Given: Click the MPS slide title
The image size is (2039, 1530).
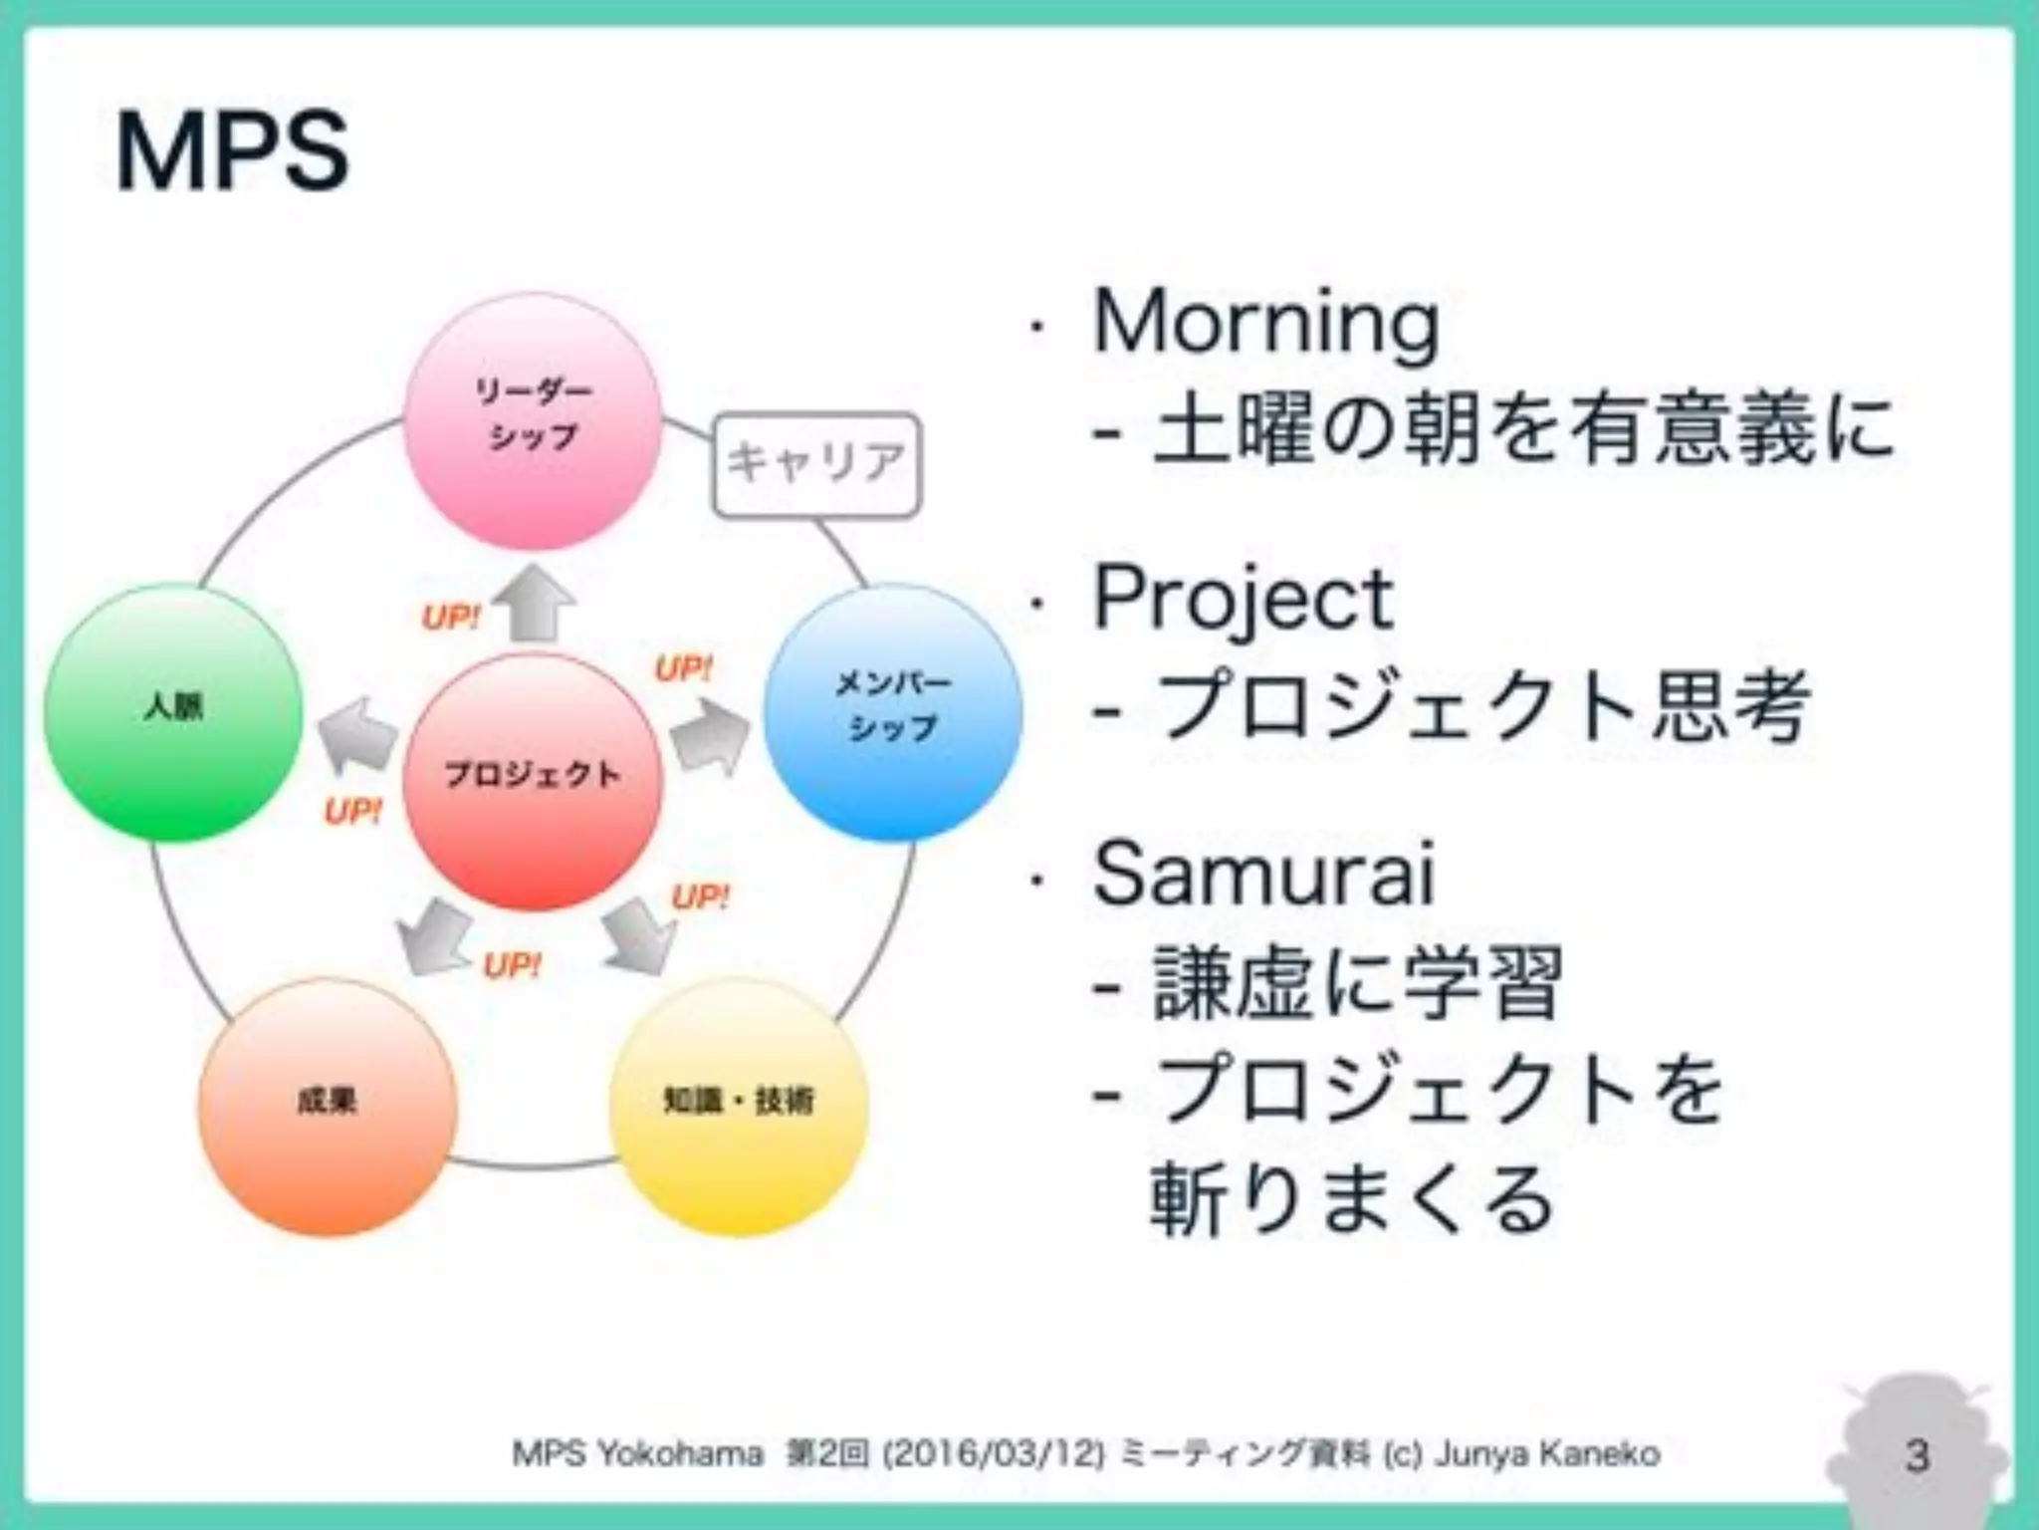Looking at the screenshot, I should tap(232, 152).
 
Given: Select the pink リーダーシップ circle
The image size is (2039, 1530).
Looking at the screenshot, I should tap(533, 420).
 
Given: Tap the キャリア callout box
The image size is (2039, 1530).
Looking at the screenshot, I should tap(816, 464).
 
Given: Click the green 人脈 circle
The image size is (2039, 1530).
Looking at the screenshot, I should tap(173, 711).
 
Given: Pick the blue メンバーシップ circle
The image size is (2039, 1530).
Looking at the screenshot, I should tap(892, 711).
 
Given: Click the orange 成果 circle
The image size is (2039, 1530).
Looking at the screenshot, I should tap(328, 1106).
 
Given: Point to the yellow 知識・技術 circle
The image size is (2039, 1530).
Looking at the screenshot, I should tap(738, 1106).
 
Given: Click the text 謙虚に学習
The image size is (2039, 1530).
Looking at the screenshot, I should tap(1356, 984).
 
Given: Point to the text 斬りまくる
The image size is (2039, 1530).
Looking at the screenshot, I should tap(1351, 1200).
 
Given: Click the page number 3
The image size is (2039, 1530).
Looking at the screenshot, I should tap(1917, 1455).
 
